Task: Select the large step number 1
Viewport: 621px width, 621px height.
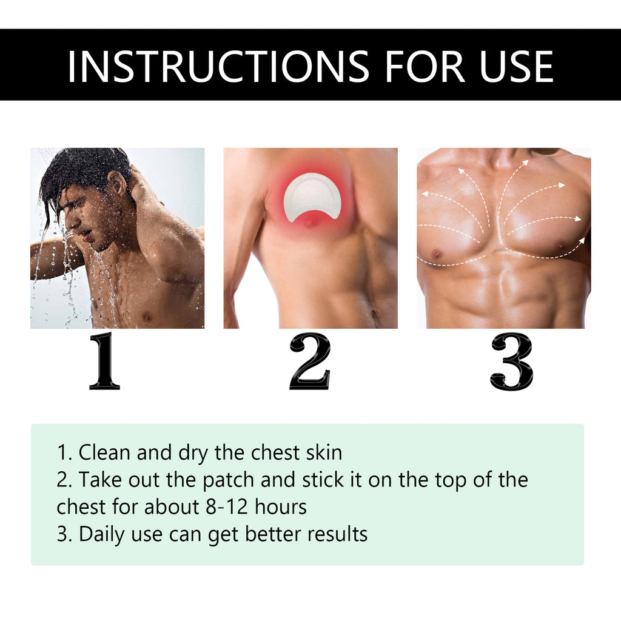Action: point(104,361)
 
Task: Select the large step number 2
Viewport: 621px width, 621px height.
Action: point(310,361)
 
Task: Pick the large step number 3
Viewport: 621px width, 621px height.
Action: point(511,361)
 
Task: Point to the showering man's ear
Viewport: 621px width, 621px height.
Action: point(116,183)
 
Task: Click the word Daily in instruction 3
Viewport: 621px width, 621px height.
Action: point(104,534)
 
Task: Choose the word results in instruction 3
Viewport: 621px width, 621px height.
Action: point(337,534)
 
